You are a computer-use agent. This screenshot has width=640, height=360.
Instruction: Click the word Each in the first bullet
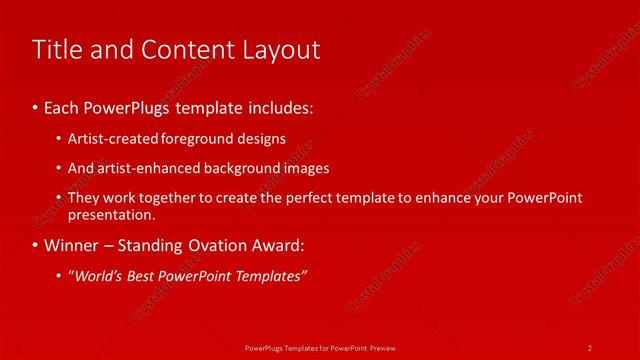tap(62, 105)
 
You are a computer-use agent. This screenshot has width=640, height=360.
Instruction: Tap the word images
tap(306, 168)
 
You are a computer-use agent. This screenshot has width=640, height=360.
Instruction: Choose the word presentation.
tap(111, 214)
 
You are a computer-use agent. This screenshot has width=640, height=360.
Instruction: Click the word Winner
tap(69, 245)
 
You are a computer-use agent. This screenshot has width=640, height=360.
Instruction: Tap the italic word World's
tap(98, 276)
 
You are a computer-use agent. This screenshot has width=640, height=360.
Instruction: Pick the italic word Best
tap(146, 276)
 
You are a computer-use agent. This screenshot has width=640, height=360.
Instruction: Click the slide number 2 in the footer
tap(590, 347)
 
